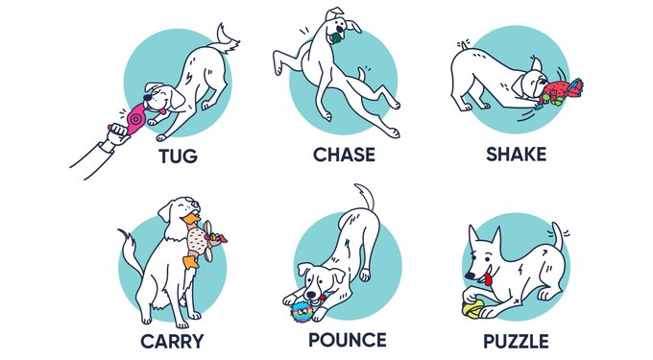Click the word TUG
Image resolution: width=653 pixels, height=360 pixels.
pyautogui.click(x=179, y=156)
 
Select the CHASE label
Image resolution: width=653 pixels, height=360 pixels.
pyautogui.click(x=344, y=155)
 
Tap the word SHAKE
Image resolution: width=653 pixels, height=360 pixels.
pyautogui.click(x=516, y=155)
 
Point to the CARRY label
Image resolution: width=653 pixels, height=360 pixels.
pyautogui.click(x=172, y=342)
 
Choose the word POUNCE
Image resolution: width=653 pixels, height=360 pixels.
pyautogui.click(x=347, y=340)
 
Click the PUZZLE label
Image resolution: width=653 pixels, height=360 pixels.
pyautogui.click(x=516, y=342)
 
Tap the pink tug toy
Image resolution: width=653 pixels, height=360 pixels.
pyautogui.click(x=135, y=119)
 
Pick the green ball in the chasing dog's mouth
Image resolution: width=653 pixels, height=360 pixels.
pyautogui.click(x=336, y=39)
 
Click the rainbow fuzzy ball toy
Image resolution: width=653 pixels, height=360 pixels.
pyautogui.click(x=302, y=312)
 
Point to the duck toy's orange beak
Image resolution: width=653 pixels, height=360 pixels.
pyautogui.click(x=191, y=219)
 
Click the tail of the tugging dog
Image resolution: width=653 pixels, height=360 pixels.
pyautogui.click(x=225, y=40)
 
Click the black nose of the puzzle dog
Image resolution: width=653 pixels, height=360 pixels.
pyautogui.click(x=470, y=276)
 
